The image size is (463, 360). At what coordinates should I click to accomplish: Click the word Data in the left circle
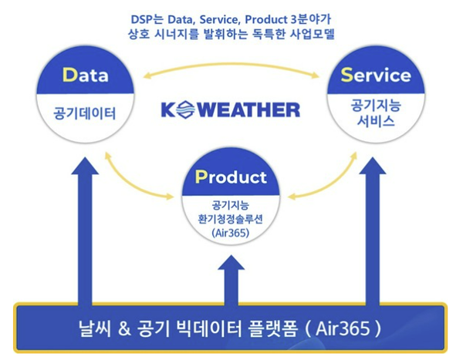86,76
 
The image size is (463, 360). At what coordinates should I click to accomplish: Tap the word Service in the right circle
377,76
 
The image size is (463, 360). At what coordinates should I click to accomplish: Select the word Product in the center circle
231,177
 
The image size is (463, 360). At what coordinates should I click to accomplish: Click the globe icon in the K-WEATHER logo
186,109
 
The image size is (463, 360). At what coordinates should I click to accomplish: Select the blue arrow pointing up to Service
376,231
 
